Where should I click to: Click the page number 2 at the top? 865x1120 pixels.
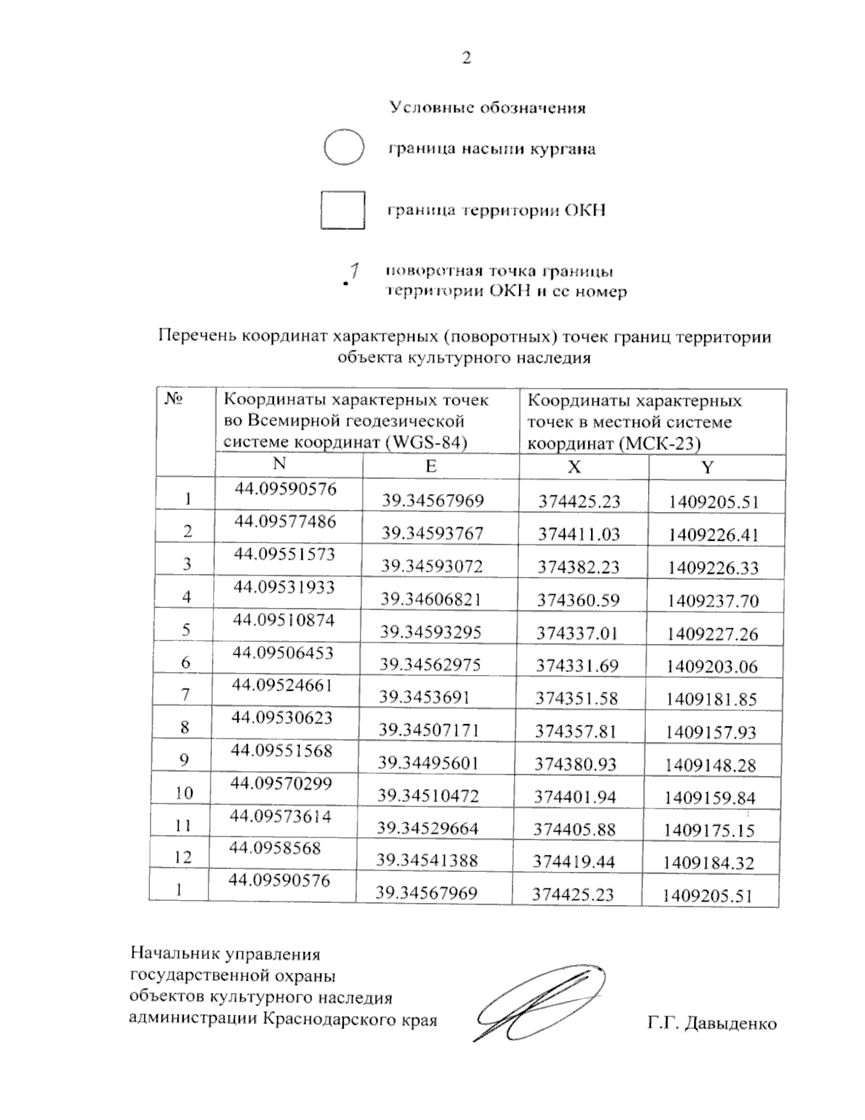point(466,58)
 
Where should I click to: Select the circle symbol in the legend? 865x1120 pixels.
point(344,148)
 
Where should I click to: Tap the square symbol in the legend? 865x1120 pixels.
point(342,210)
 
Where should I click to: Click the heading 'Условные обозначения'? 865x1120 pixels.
point(487,108)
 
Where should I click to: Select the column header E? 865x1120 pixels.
point(430,466)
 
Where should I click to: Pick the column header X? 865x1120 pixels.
point(574,467)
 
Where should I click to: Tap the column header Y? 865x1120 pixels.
point(707,467)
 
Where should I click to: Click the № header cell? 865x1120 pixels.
point(173,399)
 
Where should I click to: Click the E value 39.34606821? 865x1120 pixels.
point(431,599)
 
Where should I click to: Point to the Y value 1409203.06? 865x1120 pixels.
point(711,666)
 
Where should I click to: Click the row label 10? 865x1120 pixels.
point(184,793)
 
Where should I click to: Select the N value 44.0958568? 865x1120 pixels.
point(275,848)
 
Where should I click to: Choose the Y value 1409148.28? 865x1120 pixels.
point(710,764)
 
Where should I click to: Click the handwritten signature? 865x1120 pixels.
point(537,1002)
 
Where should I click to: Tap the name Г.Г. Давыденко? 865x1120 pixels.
point(711,1023)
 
